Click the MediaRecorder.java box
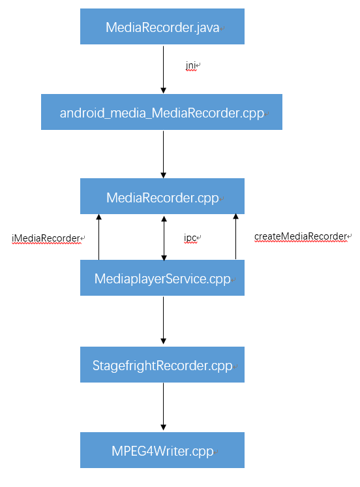coord(162,27)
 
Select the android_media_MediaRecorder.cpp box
coord(162,112)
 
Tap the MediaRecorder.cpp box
coord(162,196)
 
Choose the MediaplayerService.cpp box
coord(162,278)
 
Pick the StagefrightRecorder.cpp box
coord(162,365)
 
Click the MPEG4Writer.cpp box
coord(162,450)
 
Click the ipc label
coord(191,238)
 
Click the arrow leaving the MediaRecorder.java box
coord(163,69)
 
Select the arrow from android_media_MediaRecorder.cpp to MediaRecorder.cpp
coord(163,153)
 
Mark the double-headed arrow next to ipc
coord(163,238)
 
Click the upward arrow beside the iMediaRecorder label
coord(98,238)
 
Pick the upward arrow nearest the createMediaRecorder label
coord(235,238)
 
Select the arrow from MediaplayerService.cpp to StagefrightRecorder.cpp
coord(163,320)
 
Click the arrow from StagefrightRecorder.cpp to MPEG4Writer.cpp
coord(163,406)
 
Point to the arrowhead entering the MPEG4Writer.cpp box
coord(163,427)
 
